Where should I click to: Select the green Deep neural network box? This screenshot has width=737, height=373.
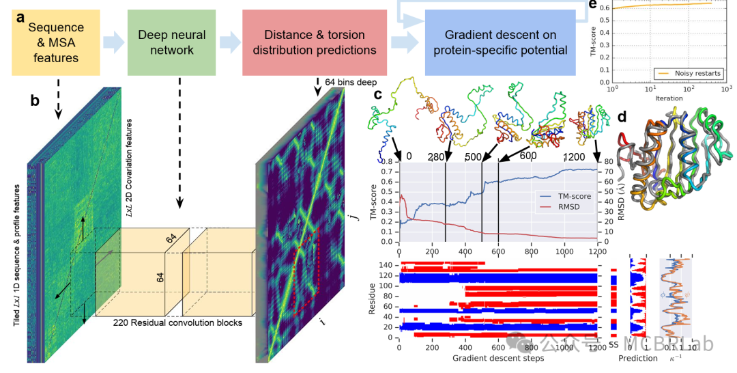click(x=166, y=42)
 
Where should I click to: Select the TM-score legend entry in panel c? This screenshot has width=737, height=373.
click(x=570, y=196)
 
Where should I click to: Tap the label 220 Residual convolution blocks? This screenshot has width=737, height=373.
click(x=179, y=322)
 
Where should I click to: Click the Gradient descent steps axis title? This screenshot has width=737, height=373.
click(x=498, y=359)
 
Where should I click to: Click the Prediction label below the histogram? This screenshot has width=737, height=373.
click(x=638, y=359)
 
